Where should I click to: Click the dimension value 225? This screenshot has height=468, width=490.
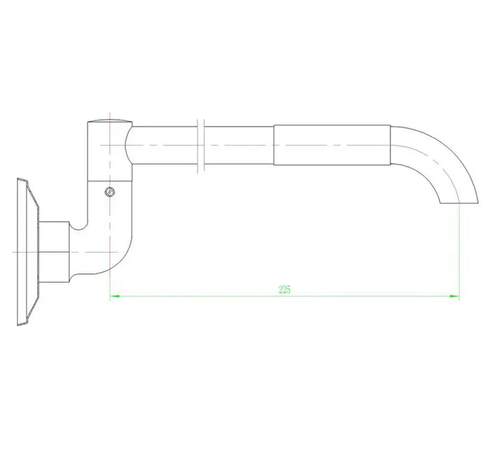(x=284, y=290)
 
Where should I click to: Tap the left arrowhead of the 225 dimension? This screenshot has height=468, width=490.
(x=114, y=297)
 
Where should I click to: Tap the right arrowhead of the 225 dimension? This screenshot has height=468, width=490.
(x=455, y=297)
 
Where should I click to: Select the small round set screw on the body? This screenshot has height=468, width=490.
(x=108, y=192)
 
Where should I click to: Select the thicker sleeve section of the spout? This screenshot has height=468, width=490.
(x=330, y=146)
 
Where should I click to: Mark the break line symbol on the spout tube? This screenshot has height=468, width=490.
(x=201, y=145)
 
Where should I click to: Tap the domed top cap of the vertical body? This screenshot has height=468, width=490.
(x=110, y=123)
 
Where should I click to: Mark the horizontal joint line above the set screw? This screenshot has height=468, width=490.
(x=110, y=181)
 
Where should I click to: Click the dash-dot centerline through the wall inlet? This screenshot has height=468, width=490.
(x=21, y=250)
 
